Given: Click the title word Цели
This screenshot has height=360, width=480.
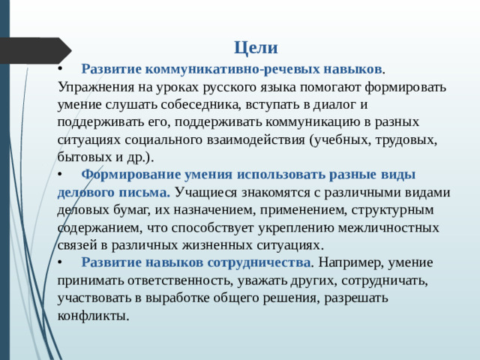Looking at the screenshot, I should (256, 48).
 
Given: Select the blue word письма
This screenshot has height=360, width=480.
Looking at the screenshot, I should (148, 192).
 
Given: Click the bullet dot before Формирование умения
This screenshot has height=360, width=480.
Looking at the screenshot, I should (61, 175).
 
